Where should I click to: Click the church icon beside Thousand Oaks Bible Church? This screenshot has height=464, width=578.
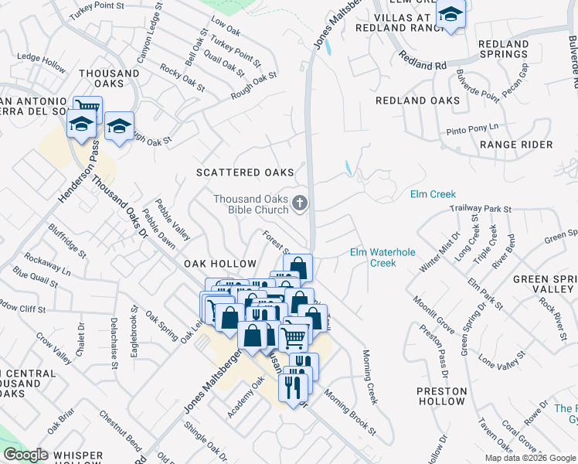coord(300,204)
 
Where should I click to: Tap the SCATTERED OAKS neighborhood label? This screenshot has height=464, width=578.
coord(245,172)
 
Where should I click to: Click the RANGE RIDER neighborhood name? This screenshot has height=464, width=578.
coord(516,145)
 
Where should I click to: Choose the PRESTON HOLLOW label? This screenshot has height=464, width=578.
coord(441,397)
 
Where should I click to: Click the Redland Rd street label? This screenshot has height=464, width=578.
coord(423,61)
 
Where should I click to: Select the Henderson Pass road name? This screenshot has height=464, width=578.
coord(80,172)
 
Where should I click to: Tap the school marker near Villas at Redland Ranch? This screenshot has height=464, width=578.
coord(450,15)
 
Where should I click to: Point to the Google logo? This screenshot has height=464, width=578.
coord(26,455)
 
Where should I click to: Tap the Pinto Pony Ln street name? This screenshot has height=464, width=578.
coord(472,128)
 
